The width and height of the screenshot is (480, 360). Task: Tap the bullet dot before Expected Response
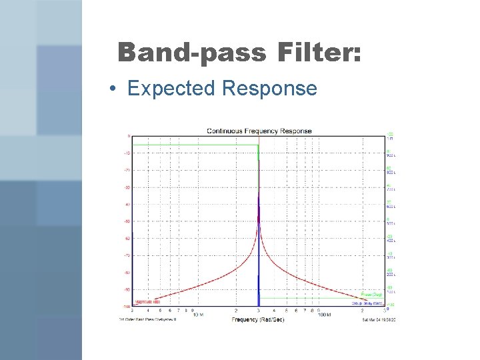coord(115,89)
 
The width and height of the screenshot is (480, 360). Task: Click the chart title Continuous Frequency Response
coord(259,131)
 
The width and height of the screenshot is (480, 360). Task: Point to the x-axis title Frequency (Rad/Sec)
coord(259,320)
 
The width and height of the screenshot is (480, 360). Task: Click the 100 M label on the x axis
coord(325,315)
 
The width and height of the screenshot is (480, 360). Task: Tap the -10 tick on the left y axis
coord(127,153)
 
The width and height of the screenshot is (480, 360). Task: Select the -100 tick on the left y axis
coord(126,307)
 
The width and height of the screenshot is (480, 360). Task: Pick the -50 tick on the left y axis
coord(127,221)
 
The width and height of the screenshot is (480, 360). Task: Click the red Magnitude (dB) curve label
coord(147,302)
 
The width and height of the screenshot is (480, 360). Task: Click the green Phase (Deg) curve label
coord(371,294)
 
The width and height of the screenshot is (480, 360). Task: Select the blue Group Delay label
coord(367,302)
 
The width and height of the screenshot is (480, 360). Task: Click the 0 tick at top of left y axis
coord(129,136)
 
